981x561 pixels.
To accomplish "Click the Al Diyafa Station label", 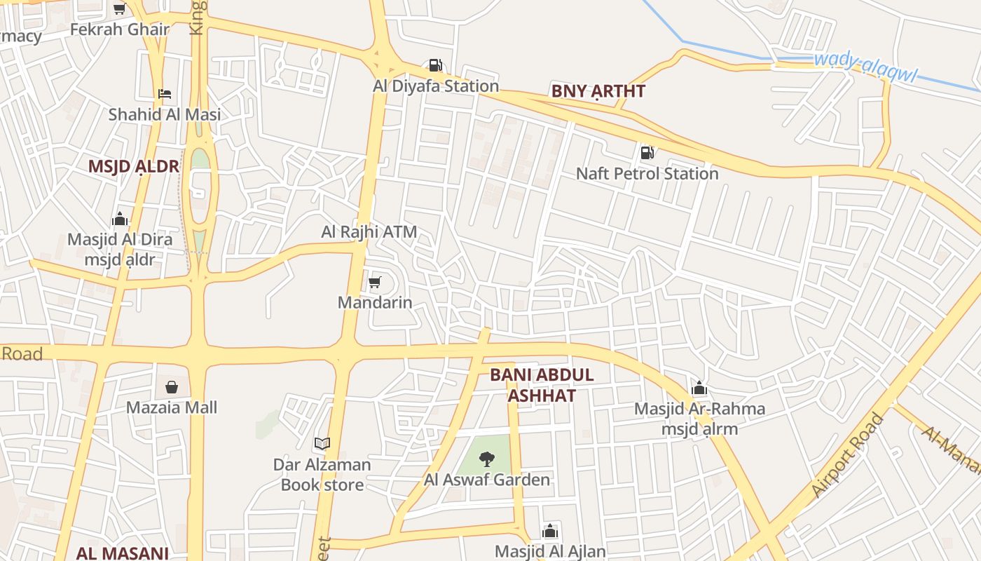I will point(436,86).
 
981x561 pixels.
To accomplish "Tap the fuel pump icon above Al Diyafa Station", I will point(435,66).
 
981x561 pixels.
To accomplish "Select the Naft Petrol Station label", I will point(647,173).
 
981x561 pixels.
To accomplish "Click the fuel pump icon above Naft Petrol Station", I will point(647,152).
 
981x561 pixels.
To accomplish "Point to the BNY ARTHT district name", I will point(598,91).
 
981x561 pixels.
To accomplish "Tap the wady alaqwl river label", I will point(865,67).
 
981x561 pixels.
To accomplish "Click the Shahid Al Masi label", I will point(164,114).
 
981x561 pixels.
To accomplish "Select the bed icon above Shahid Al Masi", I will point(165,94).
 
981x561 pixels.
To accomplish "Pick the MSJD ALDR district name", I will point(133,166).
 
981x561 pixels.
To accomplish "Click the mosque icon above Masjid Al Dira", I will point(120,219).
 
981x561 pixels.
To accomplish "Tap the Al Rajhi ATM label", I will point(369,231).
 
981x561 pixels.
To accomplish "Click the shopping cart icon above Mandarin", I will point(375,283).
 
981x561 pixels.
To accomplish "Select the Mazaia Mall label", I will point(172,407).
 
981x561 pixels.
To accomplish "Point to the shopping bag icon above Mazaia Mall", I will point(172,386).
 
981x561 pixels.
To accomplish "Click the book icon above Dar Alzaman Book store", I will point(322,443).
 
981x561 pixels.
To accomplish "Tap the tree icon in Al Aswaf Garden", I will point(486,459).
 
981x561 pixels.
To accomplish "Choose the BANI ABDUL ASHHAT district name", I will point(542,385).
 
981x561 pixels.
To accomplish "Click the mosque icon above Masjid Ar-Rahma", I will point(699,388).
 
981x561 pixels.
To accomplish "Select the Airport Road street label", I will point(848,456).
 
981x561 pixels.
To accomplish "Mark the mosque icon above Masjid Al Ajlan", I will point(550,531).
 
